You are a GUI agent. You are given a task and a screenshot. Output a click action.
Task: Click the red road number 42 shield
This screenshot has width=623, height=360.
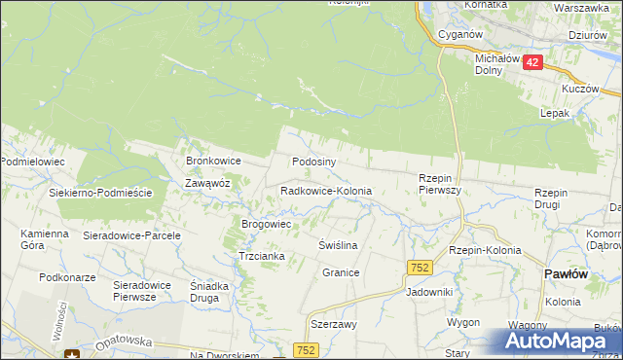point(531,61)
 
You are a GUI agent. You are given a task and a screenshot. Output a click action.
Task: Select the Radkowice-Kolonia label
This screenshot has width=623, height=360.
point(325,192)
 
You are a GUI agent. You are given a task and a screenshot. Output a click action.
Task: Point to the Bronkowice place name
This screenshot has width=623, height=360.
point(213,161)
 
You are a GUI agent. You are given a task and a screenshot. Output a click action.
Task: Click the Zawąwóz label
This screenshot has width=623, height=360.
point(207,182)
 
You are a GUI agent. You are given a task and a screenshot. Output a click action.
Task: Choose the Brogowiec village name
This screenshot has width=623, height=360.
point(267,224)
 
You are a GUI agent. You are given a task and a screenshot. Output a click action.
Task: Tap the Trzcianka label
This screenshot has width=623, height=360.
point(261,256)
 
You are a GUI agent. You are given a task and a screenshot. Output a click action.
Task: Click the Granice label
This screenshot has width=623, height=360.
point(341,272)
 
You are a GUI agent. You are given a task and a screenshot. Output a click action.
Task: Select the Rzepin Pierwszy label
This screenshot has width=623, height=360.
point(439,184)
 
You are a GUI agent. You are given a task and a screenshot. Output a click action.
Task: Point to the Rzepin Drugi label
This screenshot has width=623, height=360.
point(558,198)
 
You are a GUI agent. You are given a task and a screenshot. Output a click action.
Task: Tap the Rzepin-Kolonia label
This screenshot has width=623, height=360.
point(485,250)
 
